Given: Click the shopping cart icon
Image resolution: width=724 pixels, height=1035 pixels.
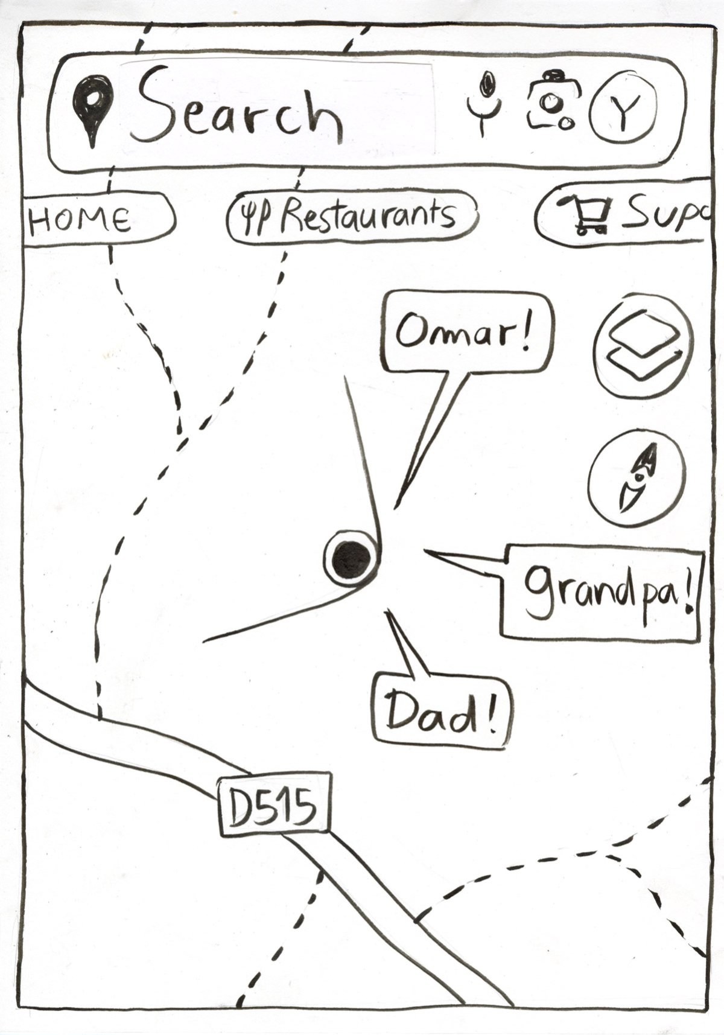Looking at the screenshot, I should (584, 215).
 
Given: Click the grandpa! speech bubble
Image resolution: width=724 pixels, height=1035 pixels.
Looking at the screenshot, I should (603, 591).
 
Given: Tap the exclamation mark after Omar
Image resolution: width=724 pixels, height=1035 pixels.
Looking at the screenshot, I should (527, 333).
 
